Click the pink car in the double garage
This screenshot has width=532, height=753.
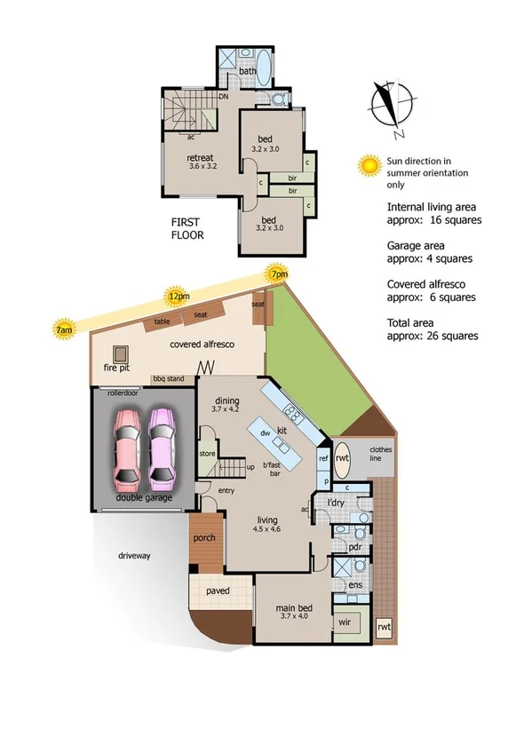coord(126,448)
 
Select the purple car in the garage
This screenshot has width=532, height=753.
coord(163,448)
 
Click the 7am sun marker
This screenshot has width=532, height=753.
coord(64,328)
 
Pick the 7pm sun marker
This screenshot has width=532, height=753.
coord(279,273)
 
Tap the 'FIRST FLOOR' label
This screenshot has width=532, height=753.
coord(187,229)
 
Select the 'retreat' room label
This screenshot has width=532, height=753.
coord(200,159)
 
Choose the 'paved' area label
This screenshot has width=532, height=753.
coord(218,591)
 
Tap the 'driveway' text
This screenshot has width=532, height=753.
coord(135,556)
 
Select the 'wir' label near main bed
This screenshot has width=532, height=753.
coord(345,622)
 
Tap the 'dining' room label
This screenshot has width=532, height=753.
coord(226,400)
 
